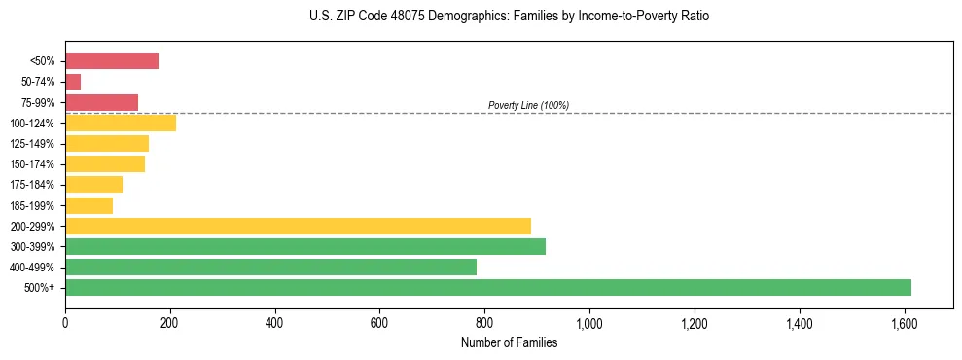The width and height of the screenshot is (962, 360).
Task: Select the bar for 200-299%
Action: click(x=298, y=226)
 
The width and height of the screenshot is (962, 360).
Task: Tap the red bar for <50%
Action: click(x=112, y=61)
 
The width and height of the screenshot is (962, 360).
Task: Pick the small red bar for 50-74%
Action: click(x=73, y=82)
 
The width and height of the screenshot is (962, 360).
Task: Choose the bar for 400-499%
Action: click(x=270, y=267)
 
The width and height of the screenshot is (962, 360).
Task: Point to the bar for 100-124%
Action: click(x=121, y=123)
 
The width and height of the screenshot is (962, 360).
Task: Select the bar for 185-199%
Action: click(x=89, y=205)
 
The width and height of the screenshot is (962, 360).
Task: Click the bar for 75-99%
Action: click(x=101, y=102)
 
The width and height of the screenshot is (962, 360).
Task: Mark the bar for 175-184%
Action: click(x=93, y=185)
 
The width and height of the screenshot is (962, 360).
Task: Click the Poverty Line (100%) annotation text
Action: click(x=528, y=105)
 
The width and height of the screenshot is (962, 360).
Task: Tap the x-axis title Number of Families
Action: click(x=509, y=342)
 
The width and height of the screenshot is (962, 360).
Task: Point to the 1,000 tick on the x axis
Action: click(x=589, y=322)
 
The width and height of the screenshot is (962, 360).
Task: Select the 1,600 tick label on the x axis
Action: click(x=904, y=322)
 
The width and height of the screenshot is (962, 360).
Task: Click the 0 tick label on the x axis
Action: click(x=65, y=322)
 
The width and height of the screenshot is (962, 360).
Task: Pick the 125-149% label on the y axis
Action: click(x=34, y=144)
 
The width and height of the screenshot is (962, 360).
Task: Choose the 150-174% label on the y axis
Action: click(x=34, y=164)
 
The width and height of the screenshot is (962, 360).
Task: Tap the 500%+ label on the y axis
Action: click(x=41, y=288)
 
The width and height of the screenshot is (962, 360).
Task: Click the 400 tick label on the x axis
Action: click(x=275, y=322)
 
